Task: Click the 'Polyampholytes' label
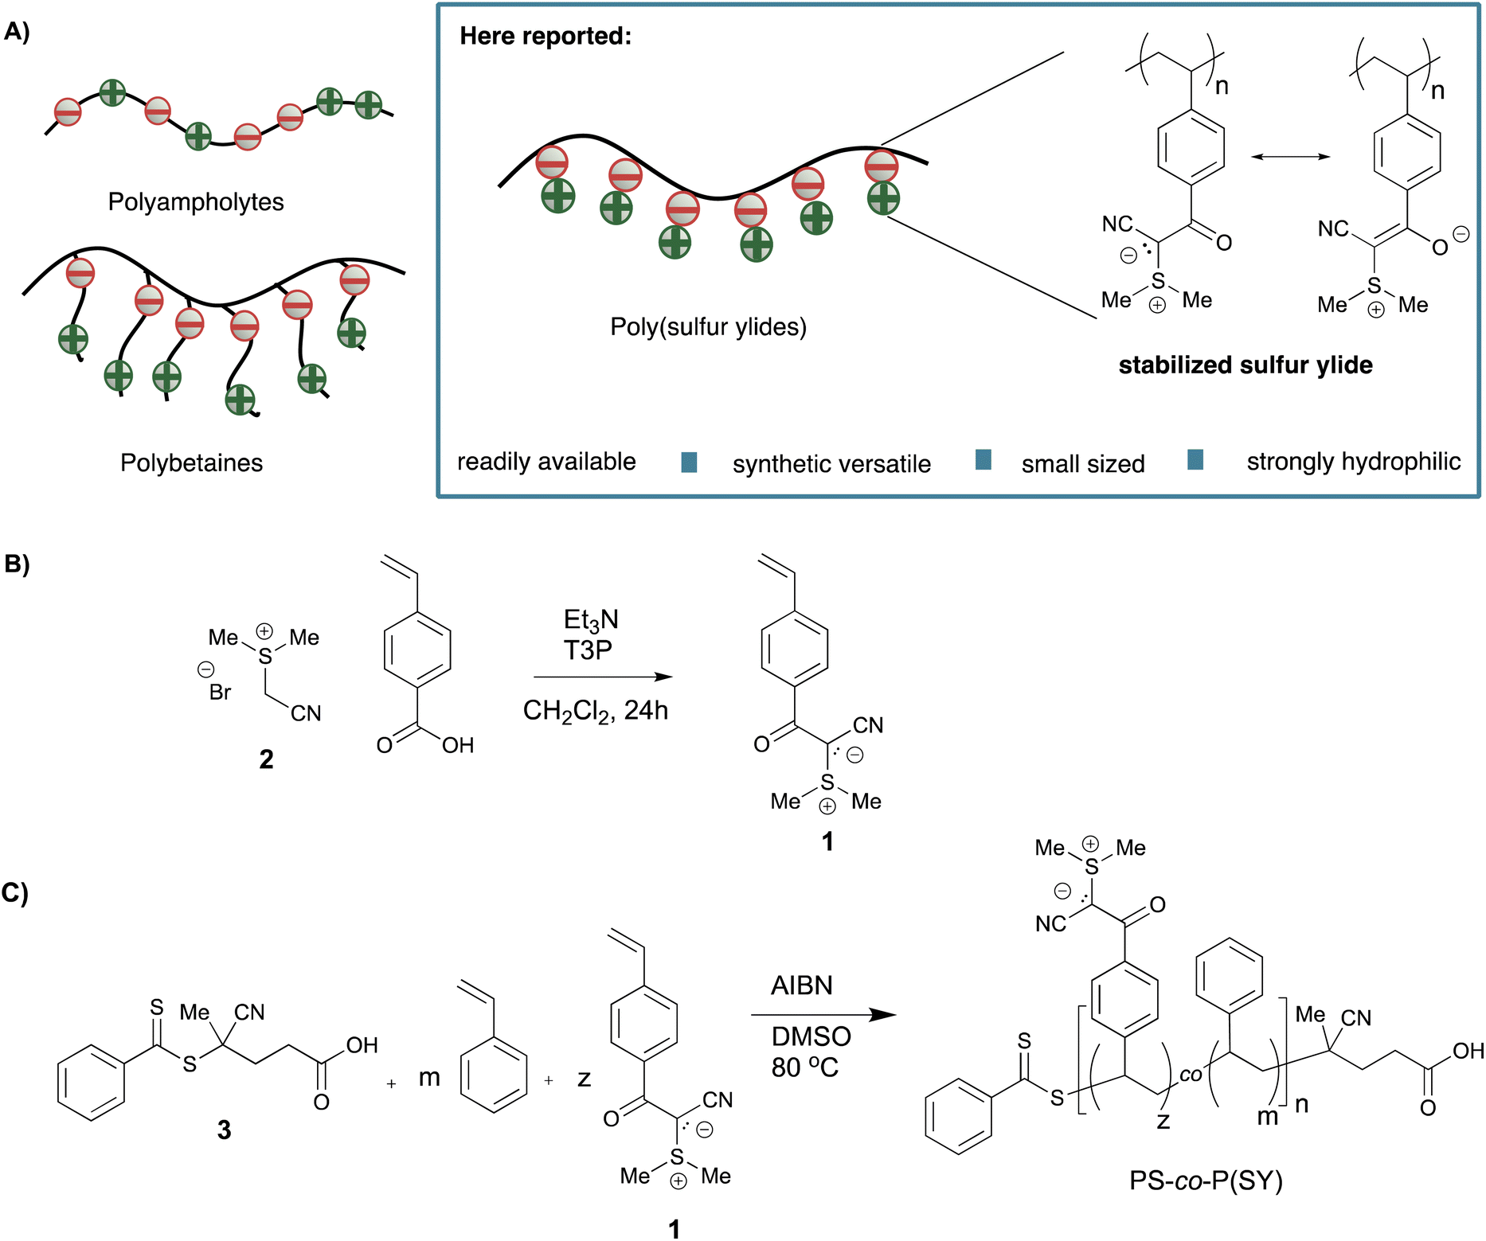[196, 201]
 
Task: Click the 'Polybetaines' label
[191, 462]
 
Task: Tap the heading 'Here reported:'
[546, 36]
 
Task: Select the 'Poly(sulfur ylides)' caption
[708, 326]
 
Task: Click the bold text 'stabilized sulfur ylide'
[1246, 365]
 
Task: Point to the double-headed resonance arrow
[1290, 157]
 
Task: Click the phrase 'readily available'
[546, 462]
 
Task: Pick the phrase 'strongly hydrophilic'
[1353, 462]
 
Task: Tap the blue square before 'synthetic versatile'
[690, 462]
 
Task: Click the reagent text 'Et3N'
[591, 620]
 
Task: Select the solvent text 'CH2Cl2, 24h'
[595, 710]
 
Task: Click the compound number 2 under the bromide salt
[266, 759]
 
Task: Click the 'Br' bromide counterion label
[220, 693]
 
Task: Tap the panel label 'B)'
[17, 564]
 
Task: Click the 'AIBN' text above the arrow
[801, 985]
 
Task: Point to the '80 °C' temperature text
[804, 1067]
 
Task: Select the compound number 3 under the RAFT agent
[225, 1130]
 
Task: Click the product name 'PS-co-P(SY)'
[1206, 1181]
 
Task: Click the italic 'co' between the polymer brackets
[1191, 1075]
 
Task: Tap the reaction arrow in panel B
[603, 677]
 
